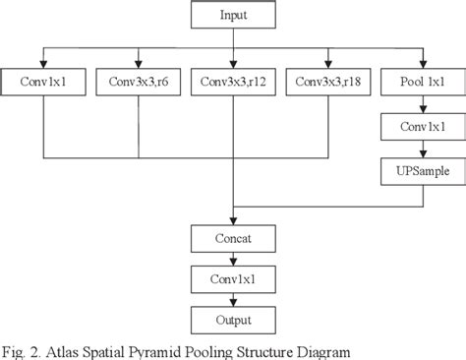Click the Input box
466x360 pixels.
coord(232,16)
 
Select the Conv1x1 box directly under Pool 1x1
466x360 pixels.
coord(423,126)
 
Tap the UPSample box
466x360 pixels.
coord(423,171)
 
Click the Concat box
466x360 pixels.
coord(232,238)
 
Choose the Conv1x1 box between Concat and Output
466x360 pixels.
coord(232,279)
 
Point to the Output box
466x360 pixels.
coord(232,321)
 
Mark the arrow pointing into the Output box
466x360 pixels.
coord(232,300)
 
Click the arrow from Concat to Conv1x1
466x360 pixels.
coord(232,259)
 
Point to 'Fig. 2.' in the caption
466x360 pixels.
coord(21,348)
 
